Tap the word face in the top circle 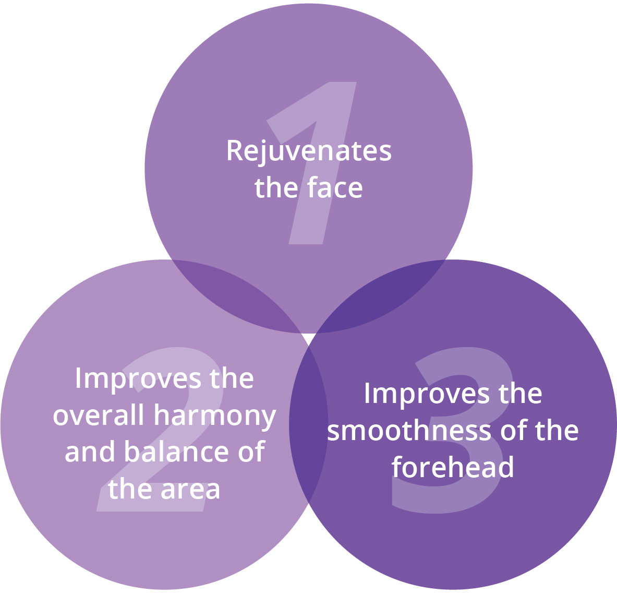(335, 188)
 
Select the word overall (99, 414)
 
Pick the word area (190, 490)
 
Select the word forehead (453, 467)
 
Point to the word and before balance (90, 451)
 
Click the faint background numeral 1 (312, 163)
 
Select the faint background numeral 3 (453, 430)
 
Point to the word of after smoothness (514, 430)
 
